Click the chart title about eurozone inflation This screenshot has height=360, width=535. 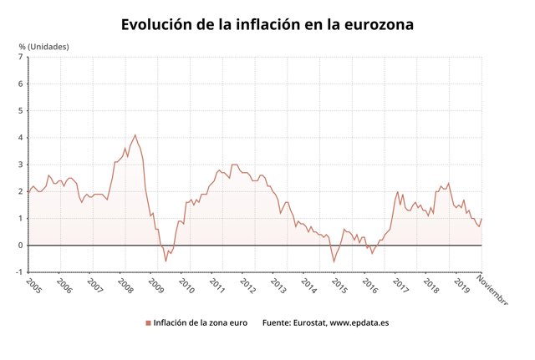point(267,24)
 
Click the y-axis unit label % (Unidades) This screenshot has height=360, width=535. point(43,46)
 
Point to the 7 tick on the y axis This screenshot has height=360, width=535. point(21,57)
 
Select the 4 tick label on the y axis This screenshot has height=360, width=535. point(21,138)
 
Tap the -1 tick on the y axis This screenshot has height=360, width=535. point(19,272)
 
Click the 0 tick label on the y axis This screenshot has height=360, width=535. point(21,246)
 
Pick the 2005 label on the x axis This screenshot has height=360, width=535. point(34,286)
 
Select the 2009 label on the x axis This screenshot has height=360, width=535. point(156,286)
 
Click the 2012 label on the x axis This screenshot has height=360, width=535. point(248,286)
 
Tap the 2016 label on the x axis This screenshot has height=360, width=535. point(370,286)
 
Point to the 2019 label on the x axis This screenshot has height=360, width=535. point(461,286)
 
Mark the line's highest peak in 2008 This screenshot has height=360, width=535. point(135,134)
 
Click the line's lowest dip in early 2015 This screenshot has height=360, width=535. point(334,261)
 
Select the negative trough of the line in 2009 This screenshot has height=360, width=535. point(166,261)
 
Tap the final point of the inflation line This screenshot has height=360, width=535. point(481,219)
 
